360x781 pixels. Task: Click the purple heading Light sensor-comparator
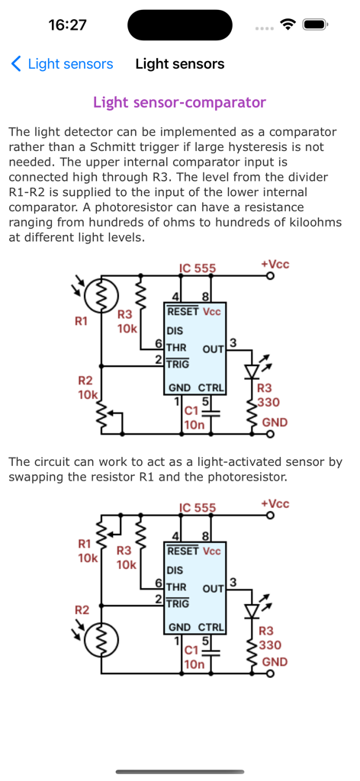[179, 102]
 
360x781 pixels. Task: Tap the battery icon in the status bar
[314, 24]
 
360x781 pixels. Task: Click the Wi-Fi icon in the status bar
[288, 24]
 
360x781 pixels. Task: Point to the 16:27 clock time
[67, 24]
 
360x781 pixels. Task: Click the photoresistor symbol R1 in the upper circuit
[101, 293]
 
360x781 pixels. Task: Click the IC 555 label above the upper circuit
[198, 268]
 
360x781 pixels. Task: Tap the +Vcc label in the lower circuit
[275, 504]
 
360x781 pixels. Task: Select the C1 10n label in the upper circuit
[194, 418]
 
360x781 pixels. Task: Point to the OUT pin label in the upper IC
[213, 349]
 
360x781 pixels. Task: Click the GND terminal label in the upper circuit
[275, 423]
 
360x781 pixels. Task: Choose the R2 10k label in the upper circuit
[87, 387]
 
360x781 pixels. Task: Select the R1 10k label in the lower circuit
[87, 551]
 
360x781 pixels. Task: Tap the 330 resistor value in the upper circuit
[268, 403]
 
